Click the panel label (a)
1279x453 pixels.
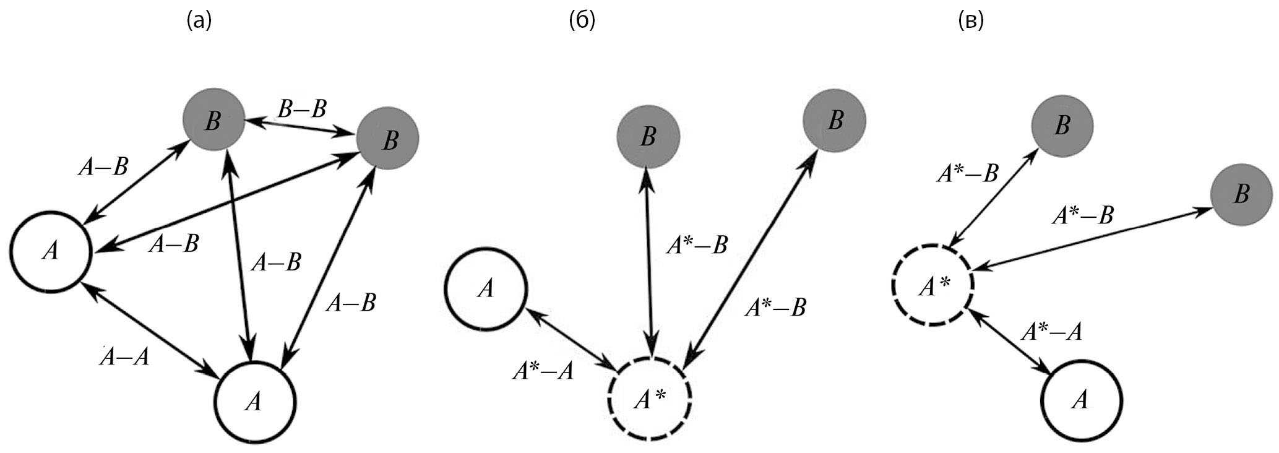[x=199, y=22]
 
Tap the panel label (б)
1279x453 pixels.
[x=582, y=22]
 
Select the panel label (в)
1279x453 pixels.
[x=970, y=22]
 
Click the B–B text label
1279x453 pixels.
[x=302, y=110]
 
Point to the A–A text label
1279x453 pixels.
[x=126, y=356]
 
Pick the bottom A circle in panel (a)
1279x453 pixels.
[x=256, y=402]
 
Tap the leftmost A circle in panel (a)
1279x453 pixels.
[x=51, y=252]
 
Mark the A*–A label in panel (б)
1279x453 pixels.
[x=543, y=371]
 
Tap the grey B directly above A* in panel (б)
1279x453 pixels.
[x=648, y=137]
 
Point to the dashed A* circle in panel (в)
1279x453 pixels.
[x=932, y=285]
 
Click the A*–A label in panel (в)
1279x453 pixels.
[x=1051, y=332]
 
